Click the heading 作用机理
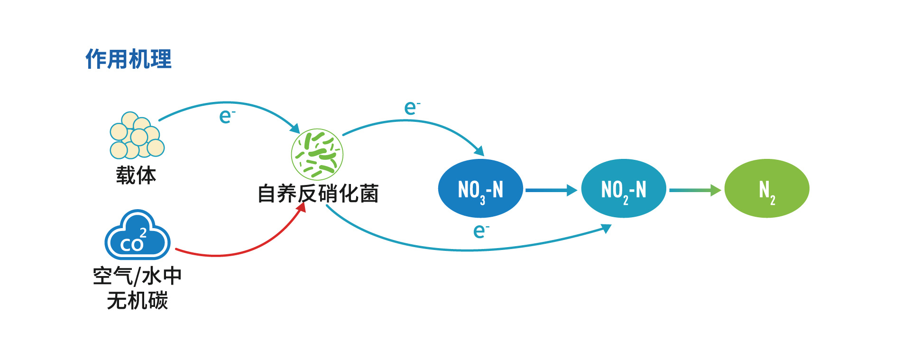coord(129,59)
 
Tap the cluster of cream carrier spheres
coord(137,135)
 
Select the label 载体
coord(136,175)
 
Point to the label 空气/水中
coord(137,276)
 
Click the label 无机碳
coord(138,300)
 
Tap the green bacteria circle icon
coord(317,155)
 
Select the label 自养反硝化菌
coord(318,194)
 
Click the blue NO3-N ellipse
coord(480,189)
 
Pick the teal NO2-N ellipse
coord(624,189)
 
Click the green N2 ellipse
coord(767,189)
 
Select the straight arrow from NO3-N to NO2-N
coord(551,190)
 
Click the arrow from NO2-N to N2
coord(695,190)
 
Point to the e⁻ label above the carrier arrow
coord(227,116)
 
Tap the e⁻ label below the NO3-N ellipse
coord(481,231)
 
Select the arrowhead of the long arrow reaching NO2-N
coord(606,229)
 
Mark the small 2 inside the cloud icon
coord(143,232)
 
